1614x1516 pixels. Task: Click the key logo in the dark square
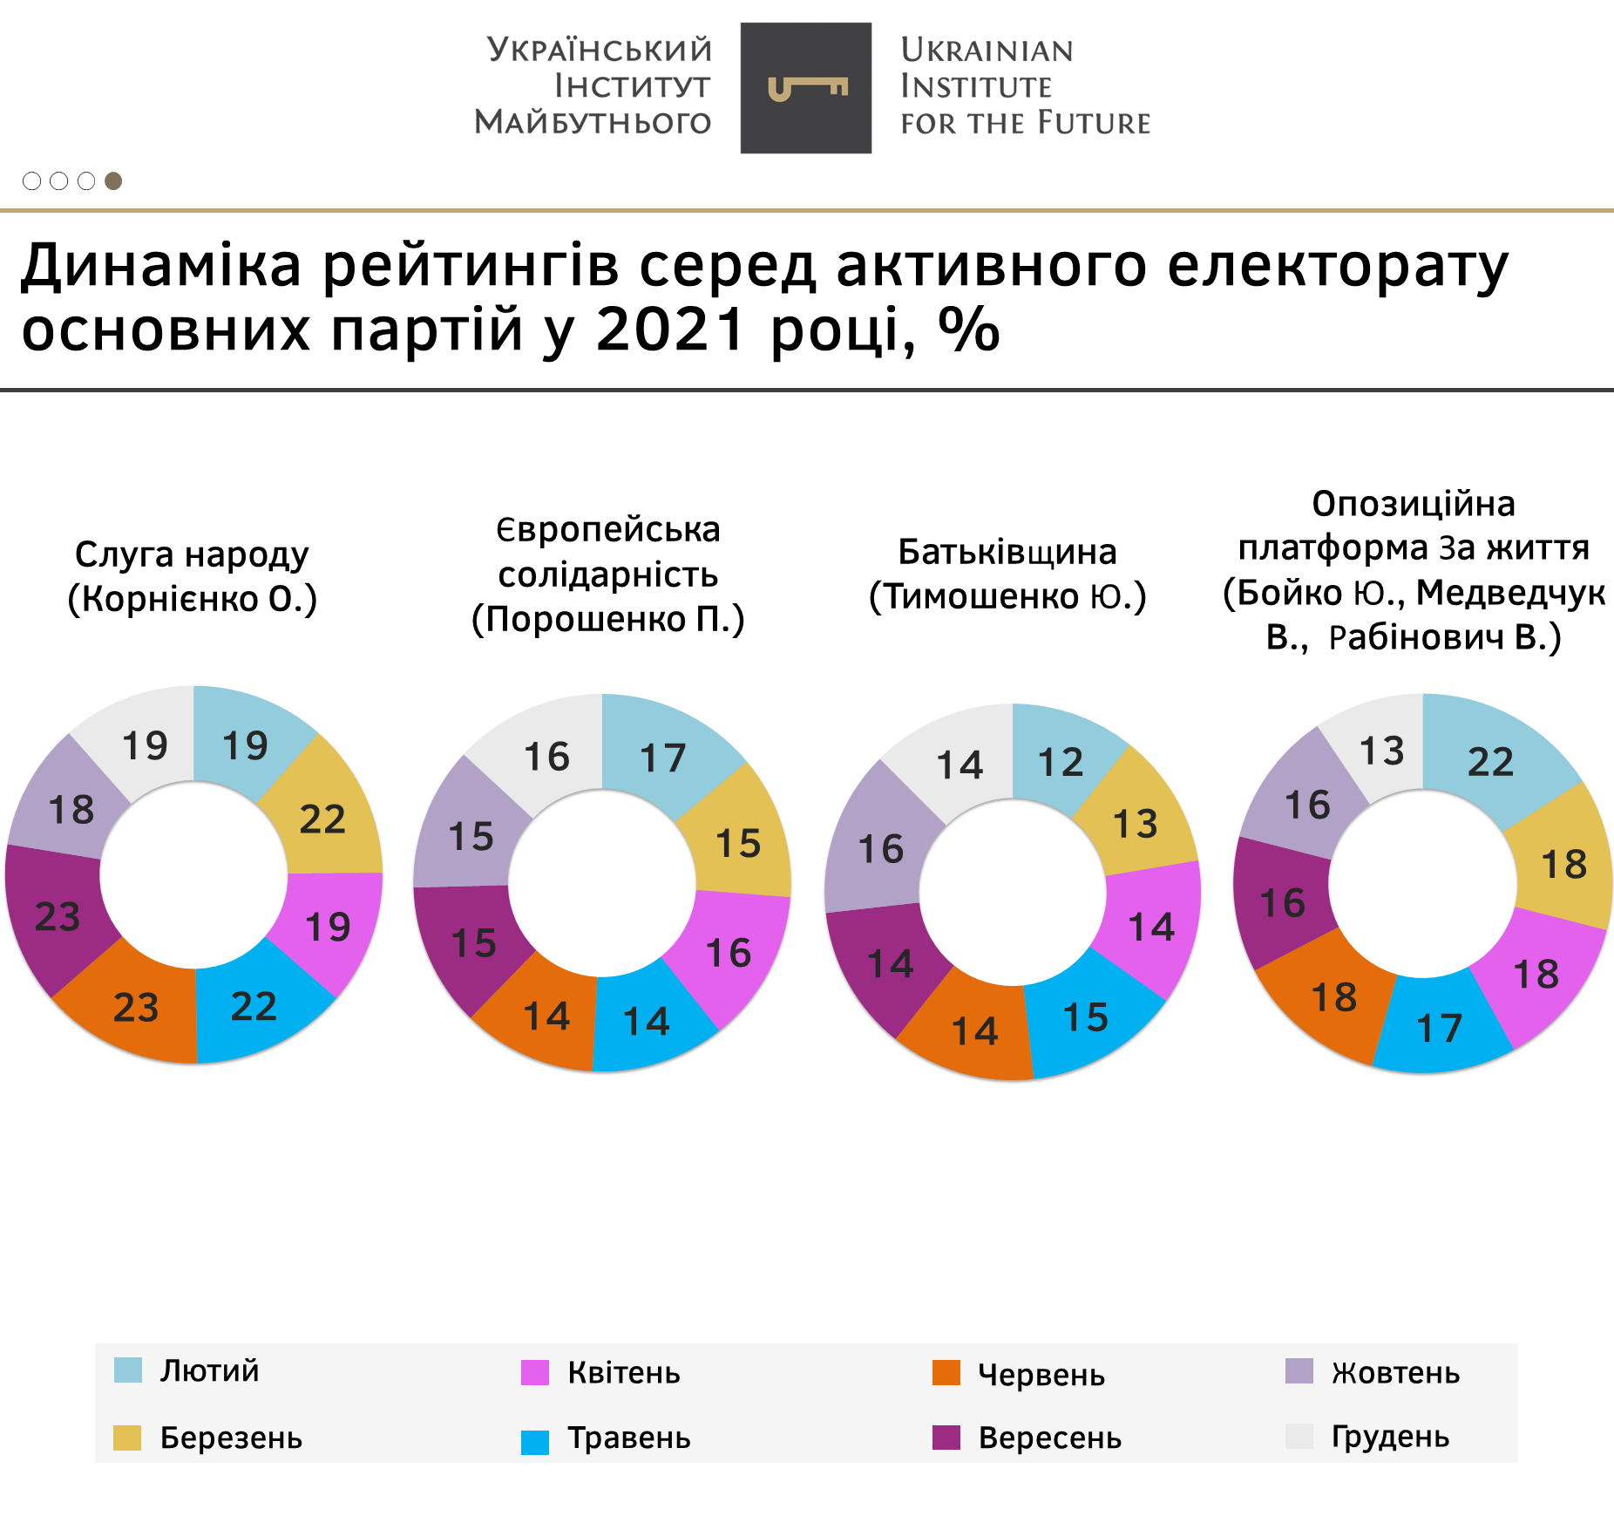click(807, 88)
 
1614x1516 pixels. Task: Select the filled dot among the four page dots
click(113, 180)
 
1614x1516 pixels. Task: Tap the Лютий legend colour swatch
click(128, 1370)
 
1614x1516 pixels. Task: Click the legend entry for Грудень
click(1390, 1437)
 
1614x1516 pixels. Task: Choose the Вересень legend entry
click(1049, 1438)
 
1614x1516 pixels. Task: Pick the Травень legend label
click(629, 1438)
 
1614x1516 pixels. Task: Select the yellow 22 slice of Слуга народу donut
click(322, 819)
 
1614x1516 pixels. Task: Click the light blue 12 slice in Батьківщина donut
click(1061, 763)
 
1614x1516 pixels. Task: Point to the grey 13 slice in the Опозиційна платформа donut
click(1381, 751)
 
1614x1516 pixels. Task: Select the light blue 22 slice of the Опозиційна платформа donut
click(1491, 762)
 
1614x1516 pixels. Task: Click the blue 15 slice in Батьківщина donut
click(1086, 1017)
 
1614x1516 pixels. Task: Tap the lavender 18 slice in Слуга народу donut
click(71, 810)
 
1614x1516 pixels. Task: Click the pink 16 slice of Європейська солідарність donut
click(729, 953)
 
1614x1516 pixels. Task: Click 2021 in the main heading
click(671, 330)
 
